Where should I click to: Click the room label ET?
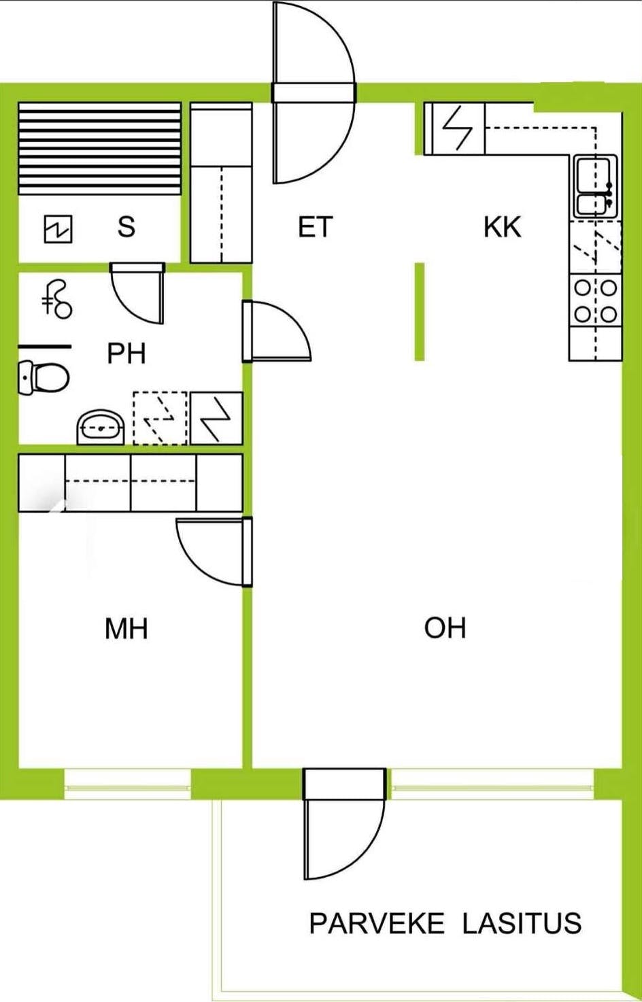pyautogui.click(x=315, y=227)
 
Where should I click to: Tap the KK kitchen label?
pyautogui.click(x=502, y=227)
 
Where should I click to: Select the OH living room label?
pyautogui.click(x=445, y=628)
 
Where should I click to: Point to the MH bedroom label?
pyautogui.click(x=126, y=629)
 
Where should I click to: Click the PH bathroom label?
pyautogui.click(x=126, y=353)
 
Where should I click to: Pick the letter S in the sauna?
pyautogui.click(x=126, y=226)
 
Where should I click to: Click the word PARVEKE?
pyautogui.click(x=377, y=924)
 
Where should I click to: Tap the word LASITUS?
pyautogui.click(x=522, y=924)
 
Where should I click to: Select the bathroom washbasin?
pyautogui.click(x=101, y=427)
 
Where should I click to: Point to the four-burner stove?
pyautogui.click(x=596, y=300)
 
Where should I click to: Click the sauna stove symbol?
pyautogui.click(x=58, y=229)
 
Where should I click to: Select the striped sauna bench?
pyautogui.click(x=99, y=148)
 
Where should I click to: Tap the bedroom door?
pyautogui.click(x=212, y=551)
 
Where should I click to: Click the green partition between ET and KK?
pyautogui.click(x=420, y=311)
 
